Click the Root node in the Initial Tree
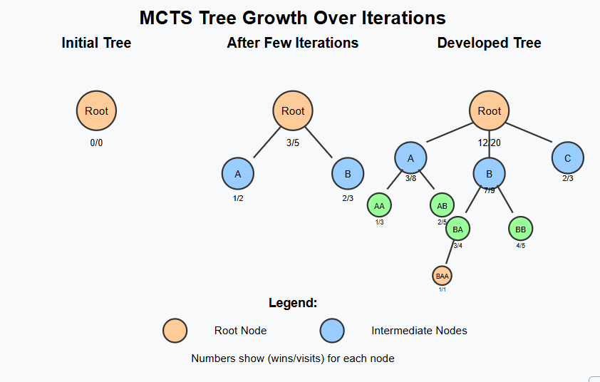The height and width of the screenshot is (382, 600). tap(97, 110)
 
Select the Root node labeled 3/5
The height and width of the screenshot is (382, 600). tap(293, 110)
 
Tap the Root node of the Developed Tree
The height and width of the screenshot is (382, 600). tap(490, 110)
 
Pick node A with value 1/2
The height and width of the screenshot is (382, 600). tap(238, 173)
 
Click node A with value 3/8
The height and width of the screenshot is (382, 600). tap(410, 158)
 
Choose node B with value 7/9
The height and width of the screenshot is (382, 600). tap(490, 173)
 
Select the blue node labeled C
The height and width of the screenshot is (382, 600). tap(568, 158)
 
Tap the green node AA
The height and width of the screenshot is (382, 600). tap(379, 205)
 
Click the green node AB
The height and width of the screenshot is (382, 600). tap(442, 205)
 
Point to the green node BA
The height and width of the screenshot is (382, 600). tap(457, 229)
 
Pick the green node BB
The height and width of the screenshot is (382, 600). tap(521, 229)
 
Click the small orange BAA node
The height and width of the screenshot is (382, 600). tap(442, 275)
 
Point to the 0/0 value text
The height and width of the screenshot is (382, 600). tap(97, 143)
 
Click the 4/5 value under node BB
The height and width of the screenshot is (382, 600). tap(521, 246)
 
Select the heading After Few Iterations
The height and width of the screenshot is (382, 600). tap(292, 43)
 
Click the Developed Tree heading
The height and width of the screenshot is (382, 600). tap(489, 43)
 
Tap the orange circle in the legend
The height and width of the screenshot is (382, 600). tap(175, 331)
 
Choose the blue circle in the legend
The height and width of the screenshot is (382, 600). tap(332, 331)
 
